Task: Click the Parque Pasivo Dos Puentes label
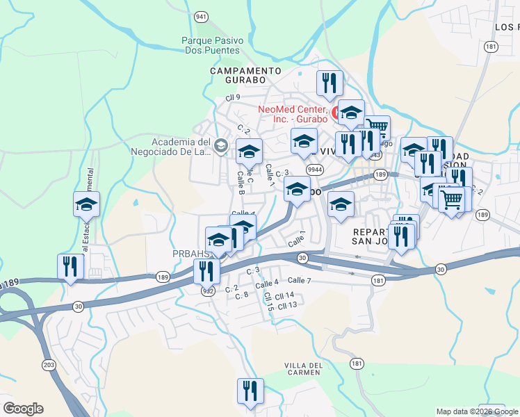pyautogui.click(x=211, y=45)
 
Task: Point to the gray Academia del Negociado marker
pyautogui.click(x=221, y=145)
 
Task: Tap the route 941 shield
pyautogui.click(x=202, y=16)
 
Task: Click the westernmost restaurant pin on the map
pyautogui.click(x=71, y=266)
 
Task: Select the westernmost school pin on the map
pyautogui.click(x=87, y=204)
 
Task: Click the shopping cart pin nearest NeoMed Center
pyautogui.click(x=376, y=128)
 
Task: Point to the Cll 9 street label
pyautogui.click(x=232, y=97)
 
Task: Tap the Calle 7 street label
pyautogui.click(x=299, y=280)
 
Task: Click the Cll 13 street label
pyautogui.click(x=287, y=305)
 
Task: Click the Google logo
pyautogui.click(x=23, y=409)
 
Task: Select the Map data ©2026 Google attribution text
pyautogui.click(x=477, y=411)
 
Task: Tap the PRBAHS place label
pyautogui.click(x=187, y=254)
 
